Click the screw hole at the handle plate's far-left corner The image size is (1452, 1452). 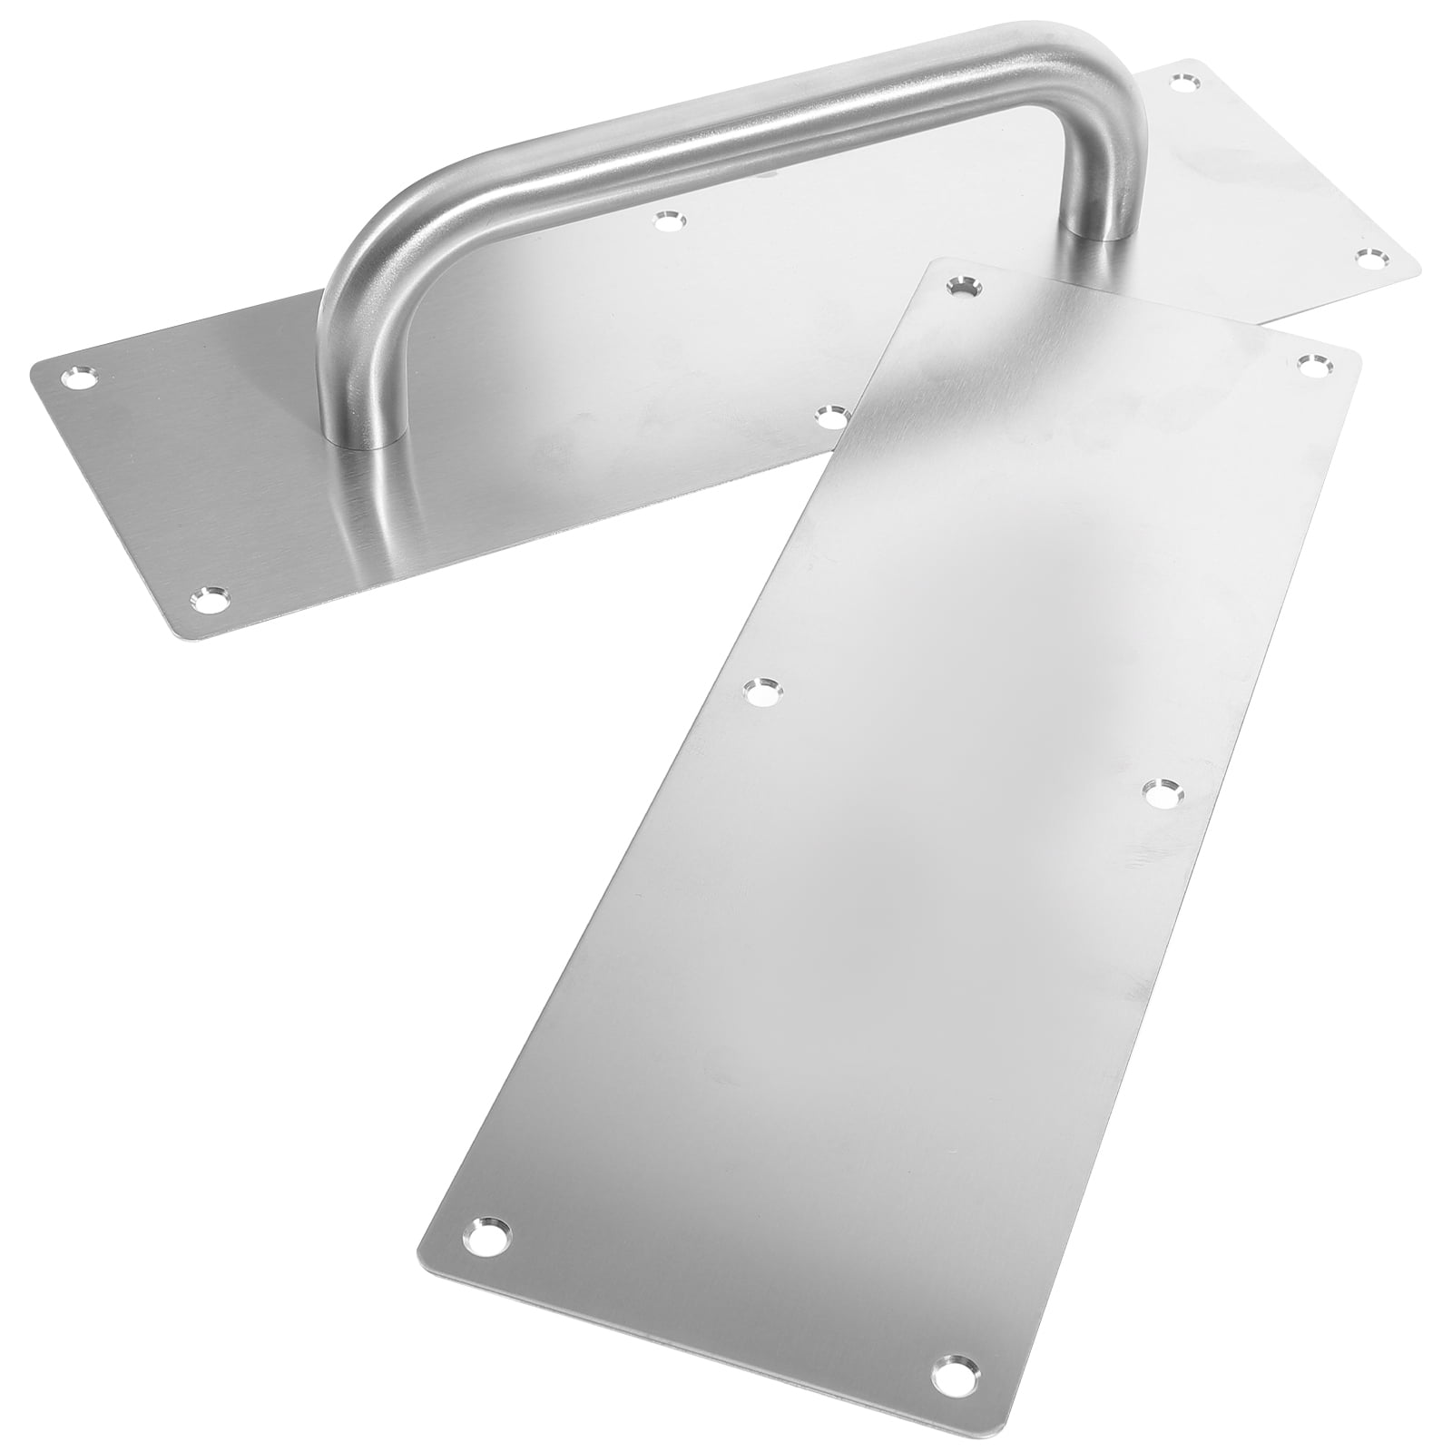coord(75,378)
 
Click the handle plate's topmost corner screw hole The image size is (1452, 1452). coord(1182,84)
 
